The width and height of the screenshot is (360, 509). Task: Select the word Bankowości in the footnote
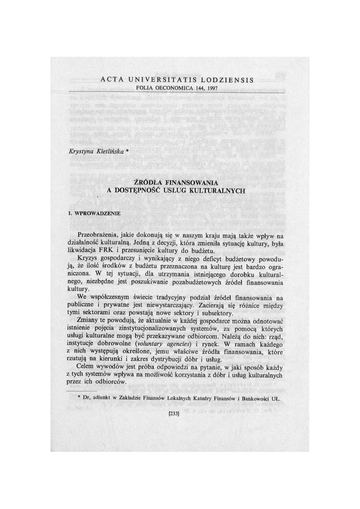click(251, 399)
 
